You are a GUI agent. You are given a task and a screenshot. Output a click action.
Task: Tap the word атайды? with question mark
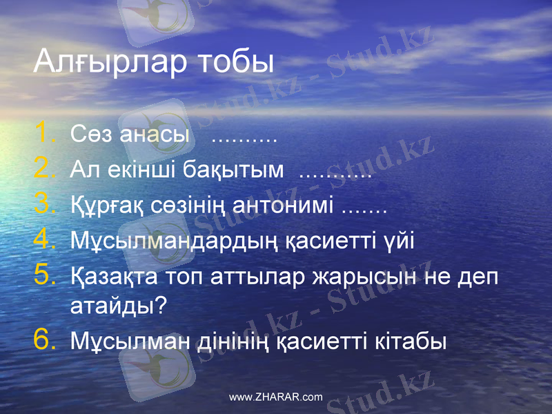pos(119,305)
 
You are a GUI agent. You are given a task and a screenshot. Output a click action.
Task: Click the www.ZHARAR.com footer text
pos(275,397)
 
